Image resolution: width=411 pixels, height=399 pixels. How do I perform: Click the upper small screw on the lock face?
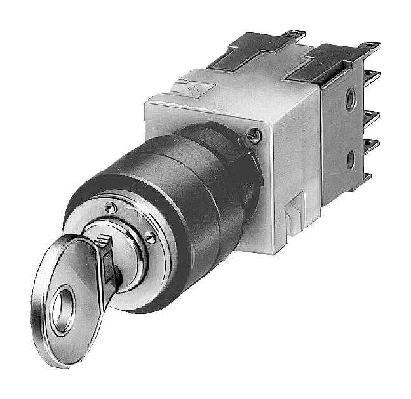(x=112, y=206)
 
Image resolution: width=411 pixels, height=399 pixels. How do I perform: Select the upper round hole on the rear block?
(x=349, y=99)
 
